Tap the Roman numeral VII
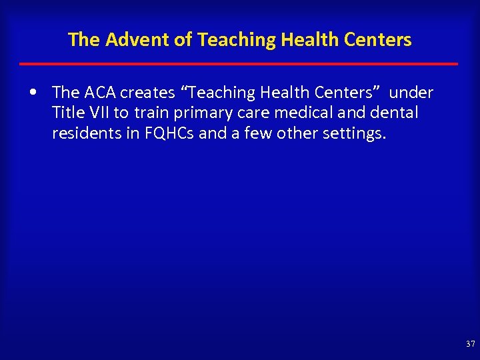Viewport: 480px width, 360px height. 99,113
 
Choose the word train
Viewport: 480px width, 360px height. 152,113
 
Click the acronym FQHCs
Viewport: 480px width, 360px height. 169,134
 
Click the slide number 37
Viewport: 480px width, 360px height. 470,344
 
